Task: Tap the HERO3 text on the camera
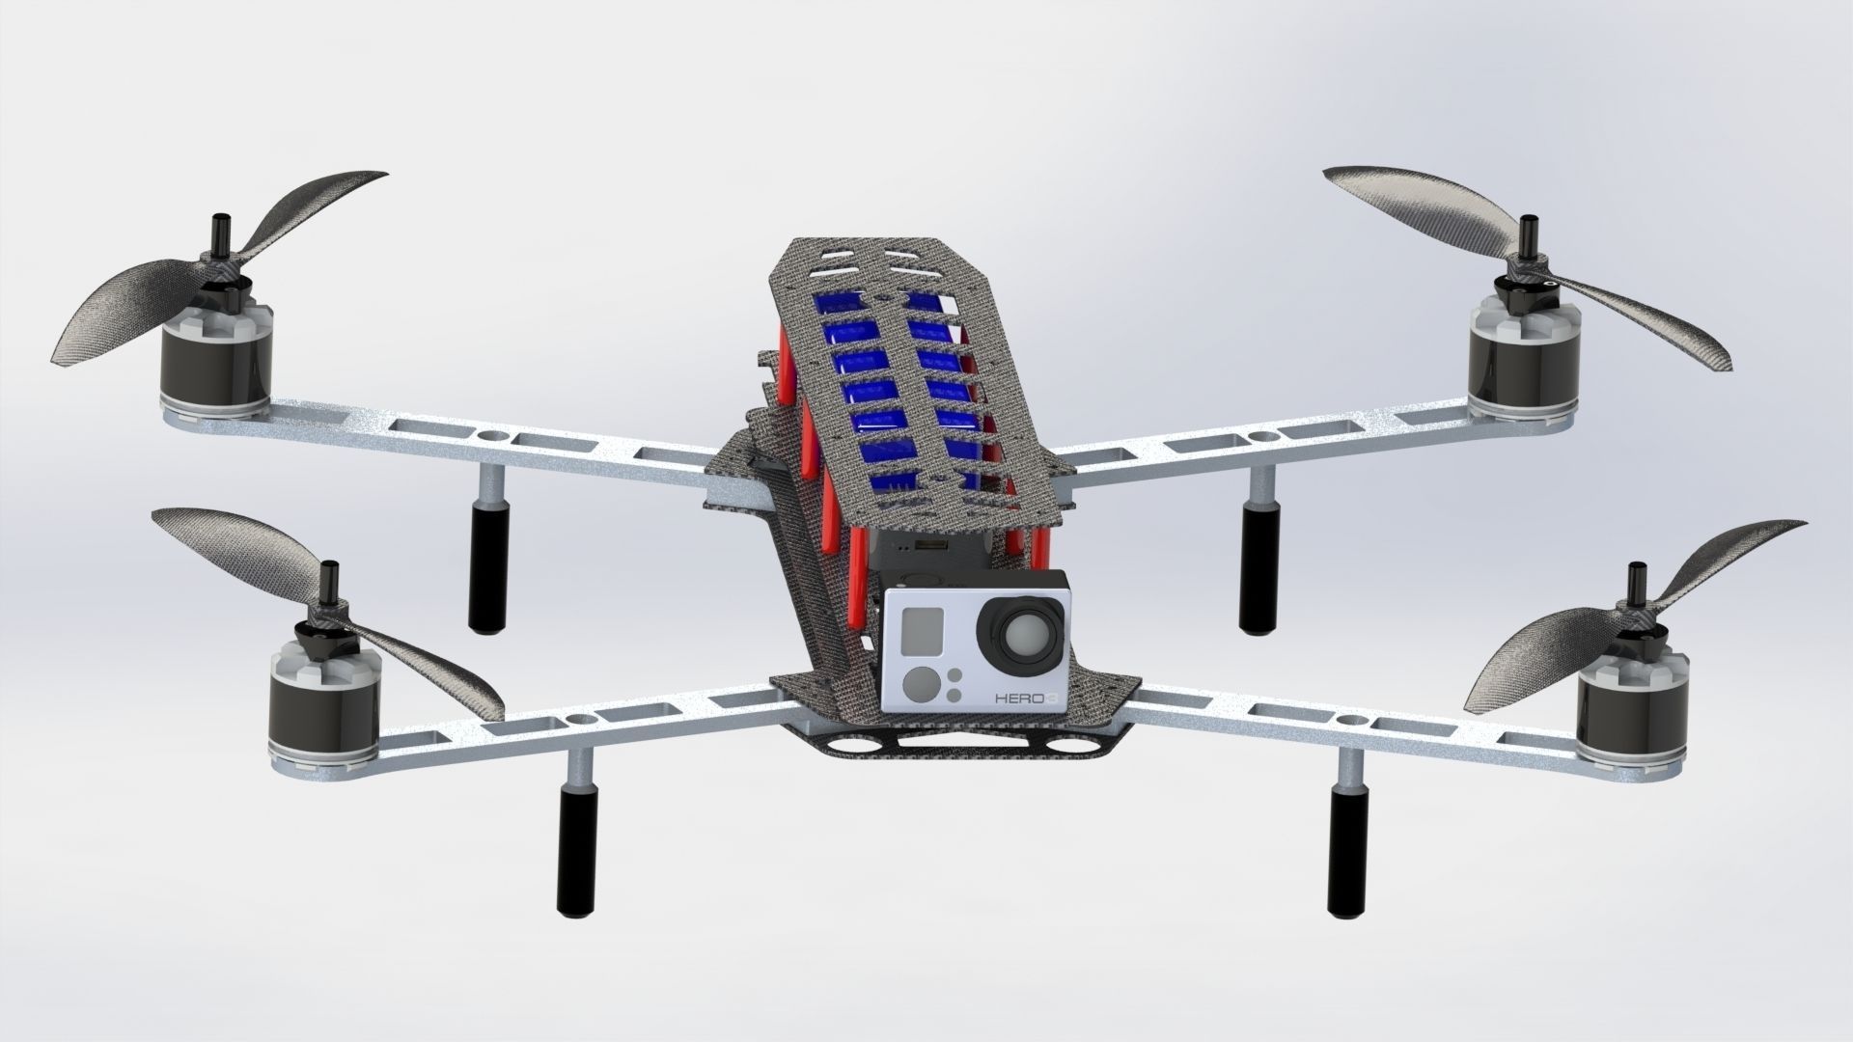tap(1020, 697)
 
